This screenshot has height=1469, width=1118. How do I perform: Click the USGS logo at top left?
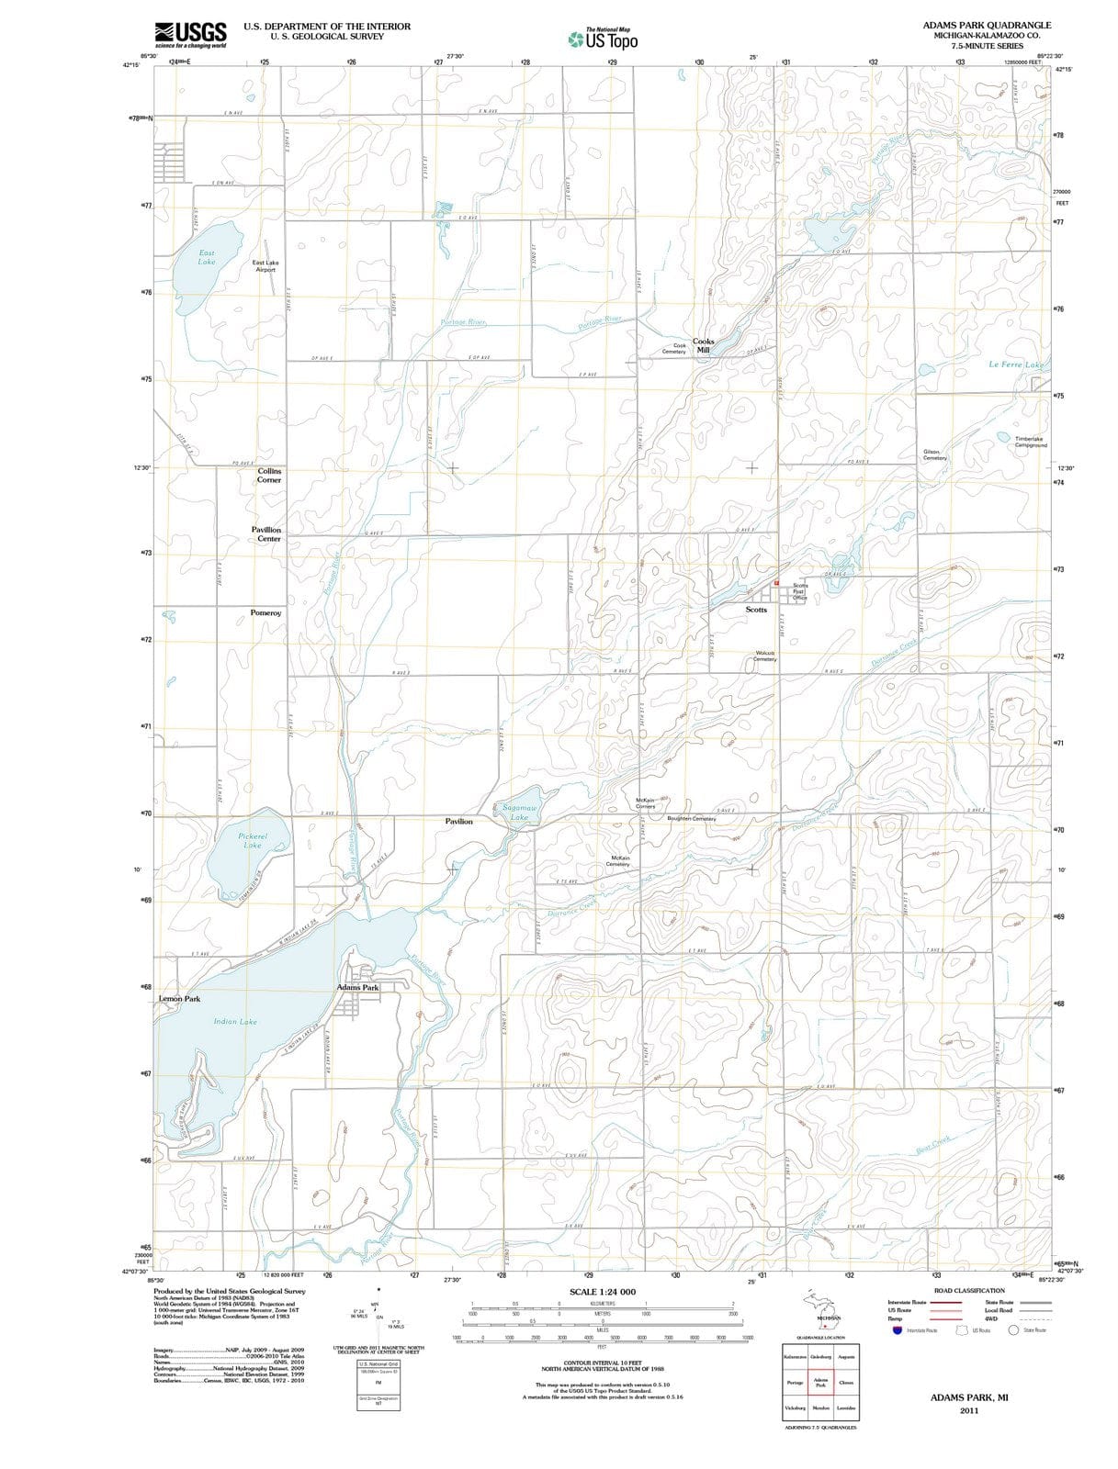[x=190, y=34]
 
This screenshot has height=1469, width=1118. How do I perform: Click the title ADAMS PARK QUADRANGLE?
[x=987, y=26]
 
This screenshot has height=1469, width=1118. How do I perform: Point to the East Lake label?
[x=207, y=257]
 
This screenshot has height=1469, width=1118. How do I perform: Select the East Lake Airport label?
[x=265, y=266]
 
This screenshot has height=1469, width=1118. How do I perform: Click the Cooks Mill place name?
[x=703, y=345]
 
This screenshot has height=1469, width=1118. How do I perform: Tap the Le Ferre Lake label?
[x=1016, y=365]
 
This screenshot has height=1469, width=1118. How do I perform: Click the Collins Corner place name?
[x=269, y=476]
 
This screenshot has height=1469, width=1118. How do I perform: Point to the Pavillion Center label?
[x=266, y=534]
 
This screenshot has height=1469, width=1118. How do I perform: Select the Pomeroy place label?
[x=265, y=612]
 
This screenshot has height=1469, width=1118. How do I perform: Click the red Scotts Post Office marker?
[x=776, y=582]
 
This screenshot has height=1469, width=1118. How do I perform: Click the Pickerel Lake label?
[x=252, y=840]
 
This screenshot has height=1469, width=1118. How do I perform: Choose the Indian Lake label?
[x=235, y=1021]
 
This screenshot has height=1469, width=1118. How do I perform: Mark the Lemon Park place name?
[x=179, y=998]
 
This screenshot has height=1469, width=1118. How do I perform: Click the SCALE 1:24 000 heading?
[x=602, y=1292]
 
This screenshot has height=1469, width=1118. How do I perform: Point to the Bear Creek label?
[x=933, y=1145]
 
